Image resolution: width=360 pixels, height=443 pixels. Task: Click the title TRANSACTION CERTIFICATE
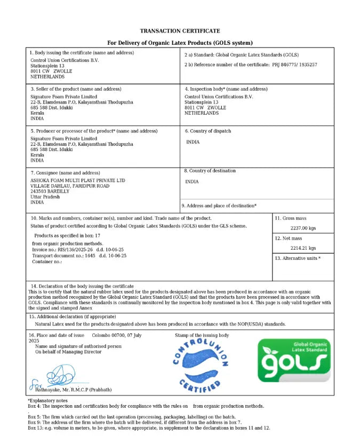pos(180,31)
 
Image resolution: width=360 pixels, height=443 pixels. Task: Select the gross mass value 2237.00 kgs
pos(303,228)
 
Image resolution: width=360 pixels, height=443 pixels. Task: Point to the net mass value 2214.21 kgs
pos(303,248)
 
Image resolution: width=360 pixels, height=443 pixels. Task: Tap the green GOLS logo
pos(294,360)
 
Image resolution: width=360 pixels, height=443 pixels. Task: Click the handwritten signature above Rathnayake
pos(59,376)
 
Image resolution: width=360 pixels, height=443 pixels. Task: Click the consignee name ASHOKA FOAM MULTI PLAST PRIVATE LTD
pos(78,180)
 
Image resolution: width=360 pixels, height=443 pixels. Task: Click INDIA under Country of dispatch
pos(193,142)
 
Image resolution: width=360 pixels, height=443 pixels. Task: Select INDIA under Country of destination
pos(191,181)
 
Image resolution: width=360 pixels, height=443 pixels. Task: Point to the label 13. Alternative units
pos(298,258)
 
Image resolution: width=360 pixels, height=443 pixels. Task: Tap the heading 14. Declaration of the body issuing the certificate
pos(82,287)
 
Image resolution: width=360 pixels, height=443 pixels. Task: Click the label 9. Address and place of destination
pos(219,206)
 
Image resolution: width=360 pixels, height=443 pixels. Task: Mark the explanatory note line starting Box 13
pos(149,428)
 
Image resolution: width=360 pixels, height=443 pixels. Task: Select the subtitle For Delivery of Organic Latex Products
pos(180,43)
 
